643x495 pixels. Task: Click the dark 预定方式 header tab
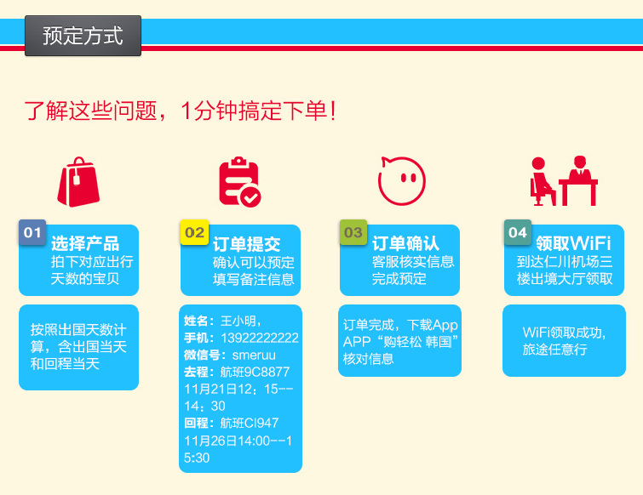point(83,36)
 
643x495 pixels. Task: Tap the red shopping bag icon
point(78,182)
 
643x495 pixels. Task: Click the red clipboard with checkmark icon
point(239,181)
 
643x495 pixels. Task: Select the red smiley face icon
point(401,180)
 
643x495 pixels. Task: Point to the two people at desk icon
point(564,180)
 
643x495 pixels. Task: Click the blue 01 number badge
point(32,232)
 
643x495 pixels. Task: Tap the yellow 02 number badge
point(194,232)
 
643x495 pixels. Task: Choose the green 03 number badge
point(353,232)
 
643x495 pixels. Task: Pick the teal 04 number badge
point(518,232)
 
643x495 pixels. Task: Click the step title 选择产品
point(85,243)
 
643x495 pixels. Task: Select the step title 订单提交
point(246,244)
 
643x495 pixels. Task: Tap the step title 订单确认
point(405,243)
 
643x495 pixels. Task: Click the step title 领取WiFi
point(573,243)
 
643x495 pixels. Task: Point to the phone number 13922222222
point(260,338)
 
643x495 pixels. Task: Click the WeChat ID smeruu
point(254,355)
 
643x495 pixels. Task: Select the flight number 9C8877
point(267,372)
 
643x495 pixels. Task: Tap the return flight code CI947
point(261,423)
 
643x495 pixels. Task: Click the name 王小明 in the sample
point(238,321)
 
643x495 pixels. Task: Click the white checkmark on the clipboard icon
point(250,197)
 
